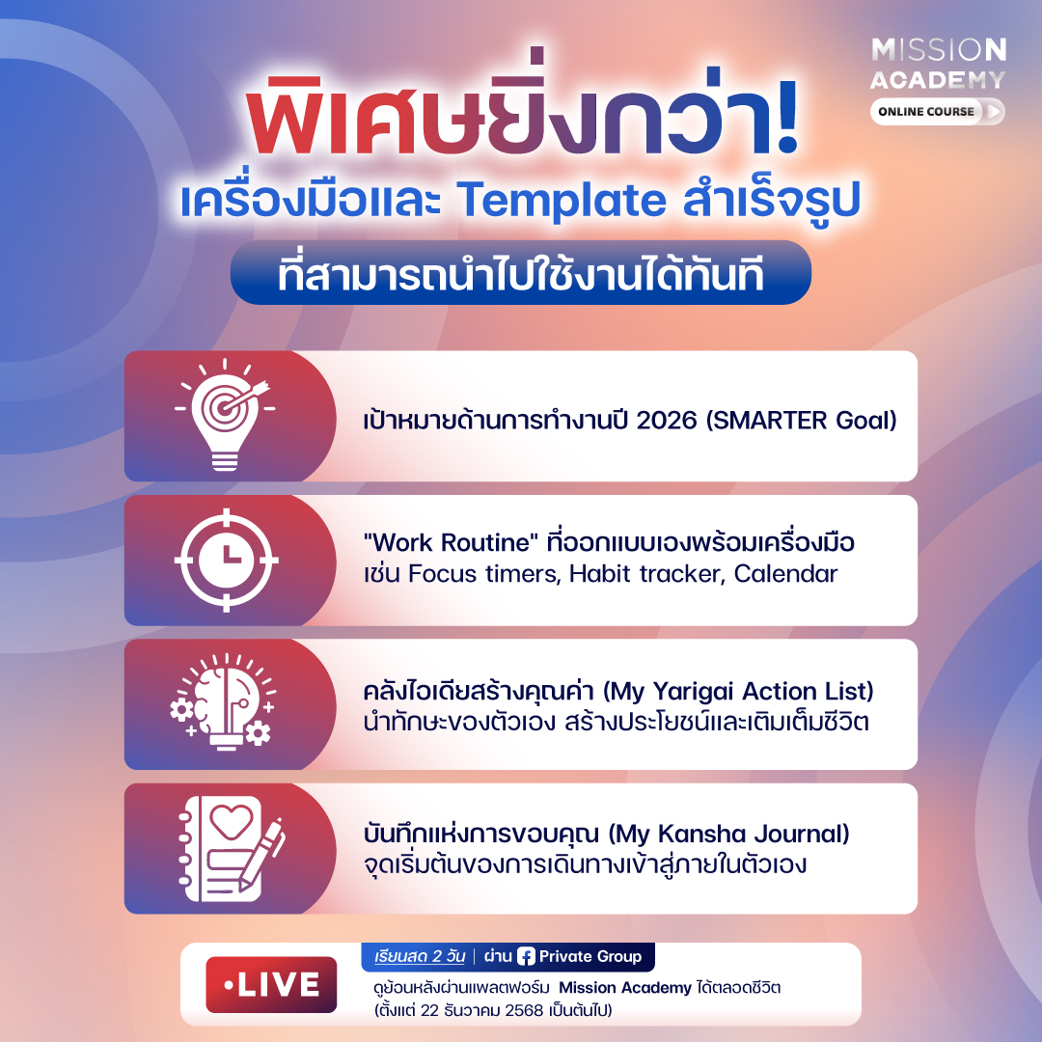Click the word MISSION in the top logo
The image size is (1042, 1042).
(x=938, y=50)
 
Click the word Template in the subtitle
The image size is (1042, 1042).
(x=562, y=201)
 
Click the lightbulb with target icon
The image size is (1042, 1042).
(x=225, y=414)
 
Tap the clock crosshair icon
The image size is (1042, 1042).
(x=226, y=559)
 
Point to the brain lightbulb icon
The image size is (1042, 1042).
(x=222, y=702)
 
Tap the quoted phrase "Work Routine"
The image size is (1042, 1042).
(x=429, y=542)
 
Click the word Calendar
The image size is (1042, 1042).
(x=785, y=574)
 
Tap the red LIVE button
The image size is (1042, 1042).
(x=271, y=985)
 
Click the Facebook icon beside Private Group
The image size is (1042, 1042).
(x=526, y=957)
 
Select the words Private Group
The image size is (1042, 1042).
(x=590, y=957)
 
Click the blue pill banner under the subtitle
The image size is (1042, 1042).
(x=520, y=273)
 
